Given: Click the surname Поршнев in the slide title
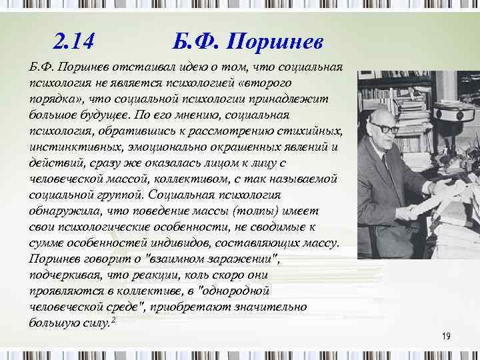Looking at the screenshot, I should (x=275, y=43).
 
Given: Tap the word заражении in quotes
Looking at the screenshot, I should (x=240, y=257).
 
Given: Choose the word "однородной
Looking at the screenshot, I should (x=230, y=290).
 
